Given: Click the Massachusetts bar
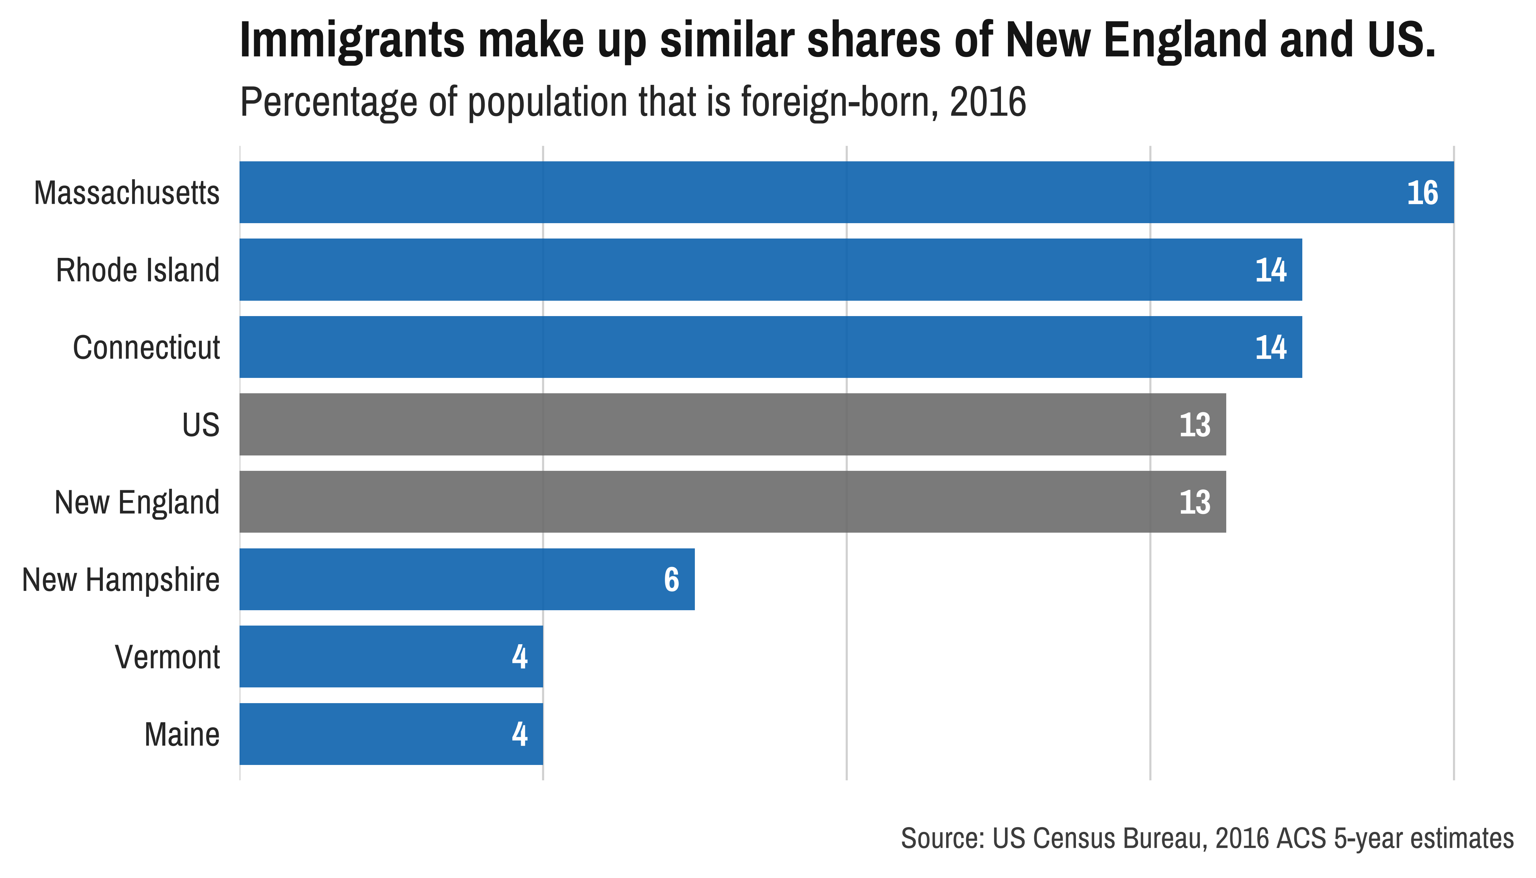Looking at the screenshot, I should [x=844, y=192].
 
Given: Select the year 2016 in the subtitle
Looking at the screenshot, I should [x=987, y=102].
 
